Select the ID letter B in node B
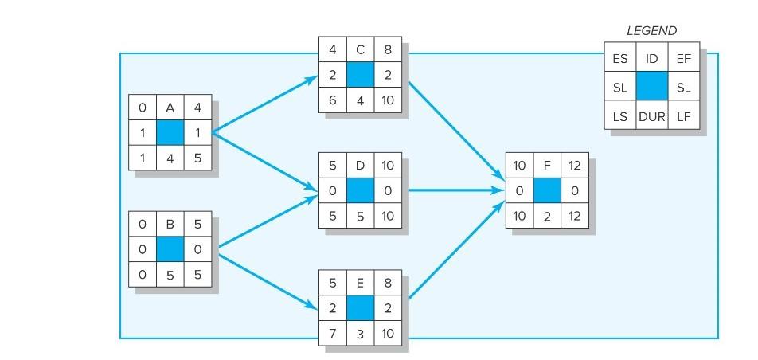170,225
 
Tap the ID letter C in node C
360,50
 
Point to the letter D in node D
360,166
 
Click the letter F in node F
547,166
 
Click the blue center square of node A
170,133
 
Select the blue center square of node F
547,191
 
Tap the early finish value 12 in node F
575,166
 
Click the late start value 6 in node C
332,101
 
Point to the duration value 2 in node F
547,216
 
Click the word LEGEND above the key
651,31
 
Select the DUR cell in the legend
651,118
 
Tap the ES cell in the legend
620,57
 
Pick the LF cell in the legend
683,118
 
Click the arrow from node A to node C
263,104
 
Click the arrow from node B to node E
263,279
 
